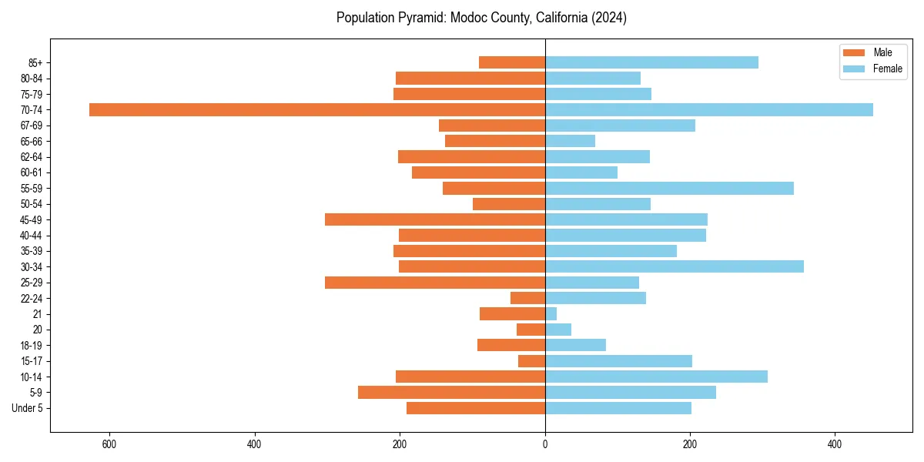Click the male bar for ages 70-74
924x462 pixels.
coord(317,109)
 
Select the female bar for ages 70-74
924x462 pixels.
coord(709,109)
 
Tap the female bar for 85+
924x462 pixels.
coord(651,62)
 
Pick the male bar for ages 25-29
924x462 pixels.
coord(435,283)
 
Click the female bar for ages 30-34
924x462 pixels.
coord(675,266)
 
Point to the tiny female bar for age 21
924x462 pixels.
coord(551,314)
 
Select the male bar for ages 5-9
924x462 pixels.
coord(451,393)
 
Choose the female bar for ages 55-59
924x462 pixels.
coord(669,188)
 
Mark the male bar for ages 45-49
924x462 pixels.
coord(435,219)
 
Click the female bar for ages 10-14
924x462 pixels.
coord(656,377)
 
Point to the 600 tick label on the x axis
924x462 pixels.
coord(109,444)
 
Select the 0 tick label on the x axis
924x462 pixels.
coord(545,444)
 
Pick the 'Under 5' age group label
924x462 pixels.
coord(27,408)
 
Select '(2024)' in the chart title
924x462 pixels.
coord(610,18)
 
